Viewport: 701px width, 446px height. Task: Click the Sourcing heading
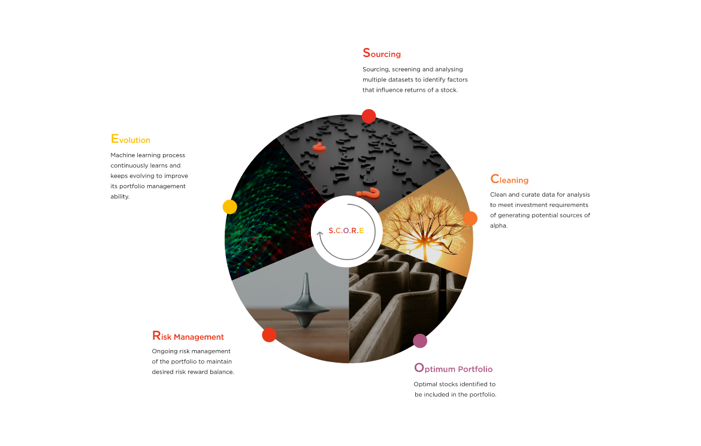click(382, 53)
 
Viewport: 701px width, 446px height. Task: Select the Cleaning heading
click(509, 179)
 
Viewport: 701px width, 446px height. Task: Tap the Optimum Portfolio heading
click(454, 368)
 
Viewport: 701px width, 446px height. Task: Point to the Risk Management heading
click(188, 336)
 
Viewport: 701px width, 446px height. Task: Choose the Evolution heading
click(131, 139)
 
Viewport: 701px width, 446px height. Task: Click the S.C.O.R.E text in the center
click(346, 231)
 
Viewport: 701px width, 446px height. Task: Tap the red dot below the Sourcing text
click(369, 116)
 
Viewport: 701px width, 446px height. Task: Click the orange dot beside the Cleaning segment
click(470, 218)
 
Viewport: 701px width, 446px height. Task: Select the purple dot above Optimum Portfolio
click(420, 341)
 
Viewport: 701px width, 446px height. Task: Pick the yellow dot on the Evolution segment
click(230, 207)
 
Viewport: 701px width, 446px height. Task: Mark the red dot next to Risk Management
click(269, 334)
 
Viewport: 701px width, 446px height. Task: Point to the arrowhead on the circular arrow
click(320, 234)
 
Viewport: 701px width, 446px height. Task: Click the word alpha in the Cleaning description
click(498, 225)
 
